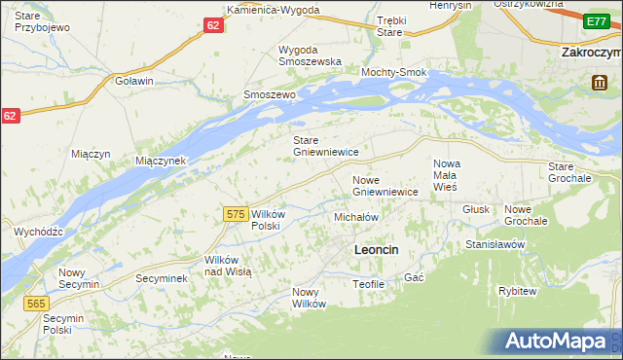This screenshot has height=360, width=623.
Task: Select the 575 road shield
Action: (234, 213)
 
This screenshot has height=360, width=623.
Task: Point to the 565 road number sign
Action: (35, 304)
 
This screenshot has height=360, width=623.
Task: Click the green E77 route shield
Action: (596, 21)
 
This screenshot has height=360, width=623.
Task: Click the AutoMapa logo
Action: (559, 342)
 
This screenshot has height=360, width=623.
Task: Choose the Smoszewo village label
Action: (269, 95)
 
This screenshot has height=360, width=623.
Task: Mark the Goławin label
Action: (134, 81)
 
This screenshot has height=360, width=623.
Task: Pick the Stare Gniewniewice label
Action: (327, 146)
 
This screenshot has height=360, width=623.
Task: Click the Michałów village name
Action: (355, 217)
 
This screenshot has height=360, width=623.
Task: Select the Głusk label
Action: (476, 208)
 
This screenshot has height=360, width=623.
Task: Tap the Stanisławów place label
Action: (495, 244)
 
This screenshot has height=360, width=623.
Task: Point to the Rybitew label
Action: (517, 291)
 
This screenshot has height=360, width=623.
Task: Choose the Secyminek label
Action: (161, 277)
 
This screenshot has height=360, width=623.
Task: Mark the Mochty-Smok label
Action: (394, 73)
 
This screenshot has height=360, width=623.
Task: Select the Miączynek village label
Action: (160, 160)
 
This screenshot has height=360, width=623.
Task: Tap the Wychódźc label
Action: (39, 232)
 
